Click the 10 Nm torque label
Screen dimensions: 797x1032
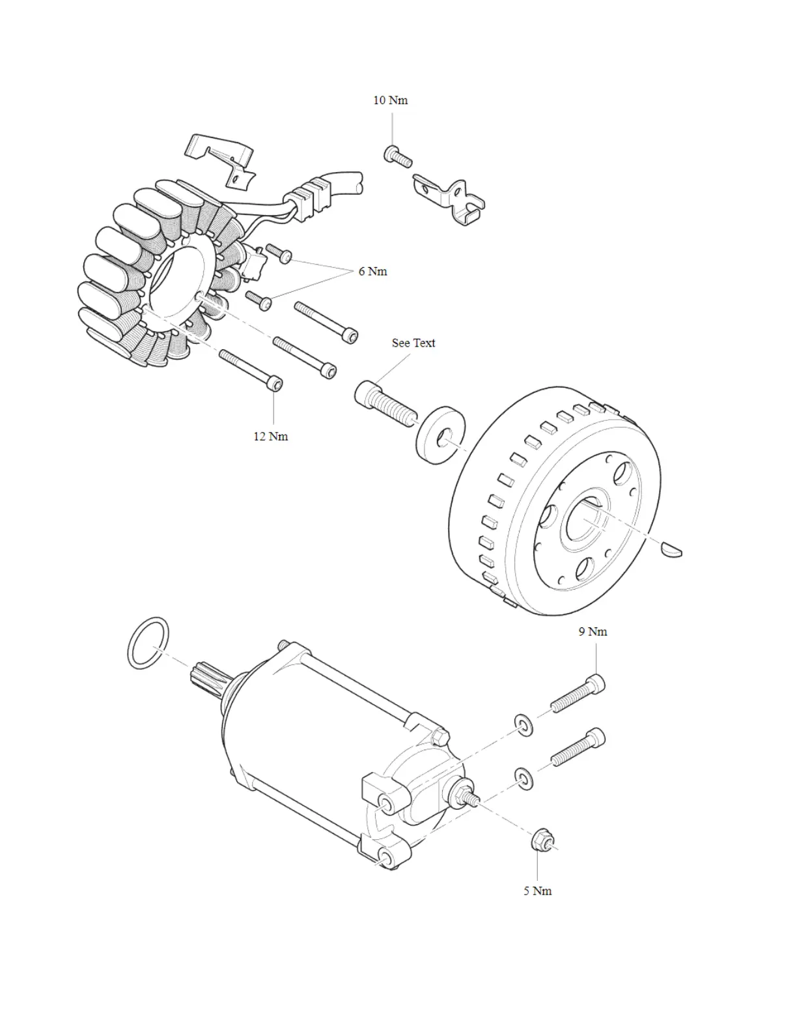point(390,100)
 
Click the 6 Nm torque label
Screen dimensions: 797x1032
point(372,272)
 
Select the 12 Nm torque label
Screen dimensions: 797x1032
point(270,437)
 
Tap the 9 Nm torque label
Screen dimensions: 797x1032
point(593,632)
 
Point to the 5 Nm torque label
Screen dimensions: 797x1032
point(537,891)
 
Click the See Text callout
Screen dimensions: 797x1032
point(413,343)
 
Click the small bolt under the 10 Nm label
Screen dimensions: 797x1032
point(397,156)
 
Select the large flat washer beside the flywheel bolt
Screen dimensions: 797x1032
point(436,435)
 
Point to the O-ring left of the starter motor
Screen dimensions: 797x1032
point(148,643)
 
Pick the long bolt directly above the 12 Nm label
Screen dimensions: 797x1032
point(251,369)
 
